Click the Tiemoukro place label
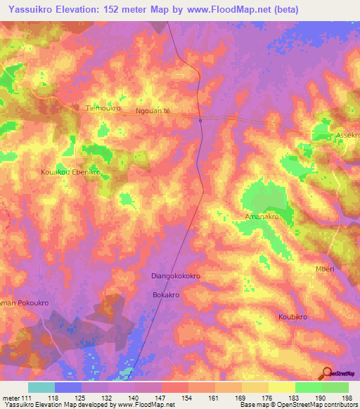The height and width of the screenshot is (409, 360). coord(103,109)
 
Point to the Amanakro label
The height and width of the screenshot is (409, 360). coord(262,217)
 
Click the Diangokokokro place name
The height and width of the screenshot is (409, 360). coord(176,276)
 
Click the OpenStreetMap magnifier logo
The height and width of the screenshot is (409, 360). coord(328,375)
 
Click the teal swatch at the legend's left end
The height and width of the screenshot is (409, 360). coord(41,387)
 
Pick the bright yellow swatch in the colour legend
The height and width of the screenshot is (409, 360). coord(282,387)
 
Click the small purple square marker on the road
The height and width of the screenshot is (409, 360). coord(200,120)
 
